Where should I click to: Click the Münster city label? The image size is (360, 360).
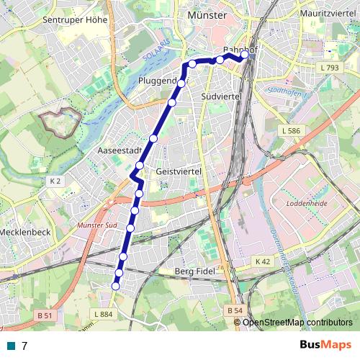tap(207, 14)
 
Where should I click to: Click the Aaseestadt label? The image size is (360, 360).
tap(118, 151)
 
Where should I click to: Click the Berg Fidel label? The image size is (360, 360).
tap(196, 271)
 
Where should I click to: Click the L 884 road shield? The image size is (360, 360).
tap(104, 315)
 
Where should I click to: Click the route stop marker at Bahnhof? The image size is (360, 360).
tap(245, 54)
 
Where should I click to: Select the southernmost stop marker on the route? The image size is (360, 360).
tap(115, 287)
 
